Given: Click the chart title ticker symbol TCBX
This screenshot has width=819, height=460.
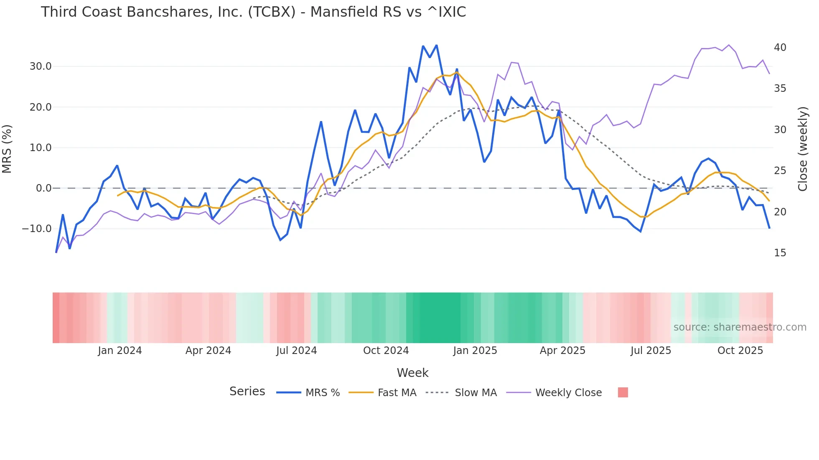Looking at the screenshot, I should [x=272, y=12].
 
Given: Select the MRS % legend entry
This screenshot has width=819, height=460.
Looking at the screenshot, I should [x=322, y=393].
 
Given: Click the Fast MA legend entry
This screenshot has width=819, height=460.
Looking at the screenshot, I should [x=397, y=393].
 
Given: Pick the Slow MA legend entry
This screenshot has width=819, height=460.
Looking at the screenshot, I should [x=476, y=393].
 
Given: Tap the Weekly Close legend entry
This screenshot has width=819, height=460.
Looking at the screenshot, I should [x=568, y=393].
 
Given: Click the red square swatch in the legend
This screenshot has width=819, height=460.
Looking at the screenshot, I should [x=623, y=392].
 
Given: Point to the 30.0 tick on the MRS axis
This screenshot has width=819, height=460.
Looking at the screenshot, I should [x=41, y=66].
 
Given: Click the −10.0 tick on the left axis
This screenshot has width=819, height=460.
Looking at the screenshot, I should [x=37, y=229].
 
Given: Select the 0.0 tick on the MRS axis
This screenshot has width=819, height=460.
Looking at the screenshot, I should [x=44, y=188].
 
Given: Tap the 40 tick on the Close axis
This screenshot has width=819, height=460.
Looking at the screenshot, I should [x=780, y=48].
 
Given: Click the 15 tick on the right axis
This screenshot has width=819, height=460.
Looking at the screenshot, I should [x=780, y=253].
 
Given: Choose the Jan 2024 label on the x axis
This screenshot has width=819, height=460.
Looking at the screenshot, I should [x=120, y=351].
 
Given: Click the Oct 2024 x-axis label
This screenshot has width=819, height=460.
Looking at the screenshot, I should [x=386, y=351].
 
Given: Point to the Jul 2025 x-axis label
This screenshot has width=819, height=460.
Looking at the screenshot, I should [x=651, y=351].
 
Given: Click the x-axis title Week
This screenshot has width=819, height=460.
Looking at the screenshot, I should [x=412, y=373].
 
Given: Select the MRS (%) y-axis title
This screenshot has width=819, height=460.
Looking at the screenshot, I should [x=7, y=149].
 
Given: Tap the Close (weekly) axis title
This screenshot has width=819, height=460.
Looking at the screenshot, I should [x=803, y=149].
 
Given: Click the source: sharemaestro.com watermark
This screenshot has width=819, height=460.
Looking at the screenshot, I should [x=740, y=327].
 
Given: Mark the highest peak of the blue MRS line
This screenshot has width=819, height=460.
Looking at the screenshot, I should [x=436, y=45].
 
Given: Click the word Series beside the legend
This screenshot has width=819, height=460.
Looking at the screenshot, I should [x=247, y=392].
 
